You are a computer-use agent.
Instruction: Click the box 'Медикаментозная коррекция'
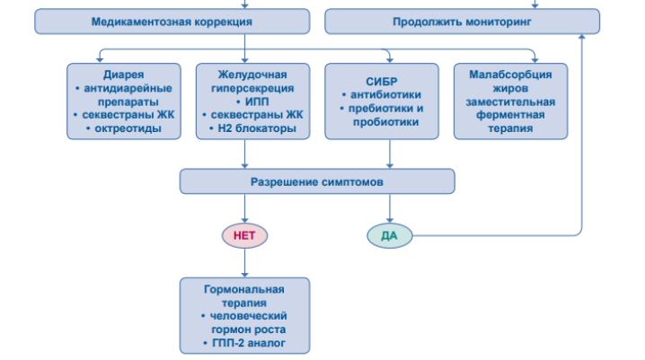pos(172,22)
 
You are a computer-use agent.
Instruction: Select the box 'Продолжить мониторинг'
pos(462,22)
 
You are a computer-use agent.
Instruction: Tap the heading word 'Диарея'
pos(125,74)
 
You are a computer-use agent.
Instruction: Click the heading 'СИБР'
pos(382,80)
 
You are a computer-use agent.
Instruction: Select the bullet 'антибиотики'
pos(384,94)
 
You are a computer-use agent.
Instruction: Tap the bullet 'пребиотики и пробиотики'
pos(384,115)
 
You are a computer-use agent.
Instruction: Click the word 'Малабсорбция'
pos(510,74)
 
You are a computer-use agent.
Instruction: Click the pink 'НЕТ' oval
pos(244,235)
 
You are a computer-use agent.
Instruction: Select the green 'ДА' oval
pos(389,235)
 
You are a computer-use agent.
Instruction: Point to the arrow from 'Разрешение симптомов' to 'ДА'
pos(389,208)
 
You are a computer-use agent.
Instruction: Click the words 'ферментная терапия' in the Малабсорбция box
pos(510,122)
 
